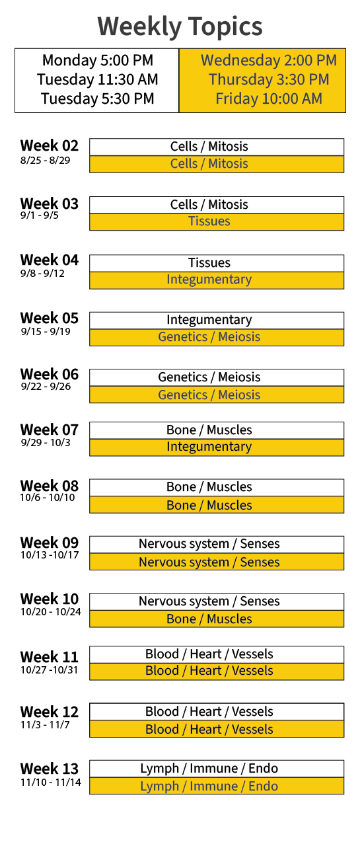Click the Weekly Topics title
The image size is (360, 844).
point(180,26)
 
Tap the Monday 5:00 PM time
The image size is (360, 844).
point(98,60)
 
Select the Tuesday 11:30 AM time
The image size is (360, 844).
point(98,79)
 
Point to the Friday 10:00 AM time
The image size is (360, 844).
point(269,98)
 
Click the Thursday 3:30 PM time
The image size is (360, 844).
point(269,79)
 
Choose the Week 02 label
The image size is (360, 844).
point(50,145)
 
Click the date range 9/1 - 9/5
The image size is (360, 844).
point(40,215)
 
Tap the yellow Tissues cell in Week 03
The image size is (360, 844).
point(217,221)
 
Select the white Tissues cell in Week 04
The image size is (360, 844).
point(217,263)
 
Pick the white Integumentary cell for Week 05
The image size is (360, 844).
point(217,321)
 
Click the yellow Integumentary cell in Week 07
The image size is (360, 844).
point(217,447)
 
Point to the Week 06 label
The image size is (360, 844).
point(50,374)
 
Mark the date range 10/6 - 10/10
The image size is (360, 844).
point(48,498)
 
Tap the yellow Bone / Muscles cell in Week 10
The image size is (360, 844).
point(217,619)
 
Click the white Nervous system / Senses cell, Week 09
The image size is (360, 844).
point(217,545)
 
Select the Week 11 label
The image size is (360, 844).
point(50,657)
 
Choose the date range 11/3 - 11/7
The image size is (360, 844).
point(45,724)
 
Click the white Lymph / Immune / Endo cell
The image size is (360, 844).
point(217,769)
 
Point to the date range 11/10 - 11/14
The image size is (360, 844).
point(51,783)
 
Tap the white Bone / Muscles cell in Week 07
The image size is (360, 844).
point(217,430)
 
